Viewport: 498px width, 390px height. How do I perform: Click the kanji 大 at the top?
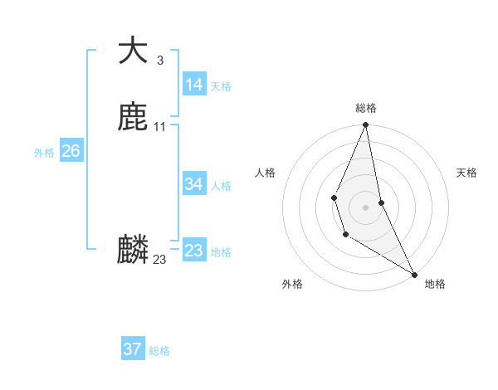(x=133, y=51)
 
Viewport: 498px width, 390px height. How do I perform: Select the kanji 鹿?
(x=133, y=117)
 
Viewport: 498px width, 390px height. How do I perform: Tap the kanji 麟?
(x=133, y=249)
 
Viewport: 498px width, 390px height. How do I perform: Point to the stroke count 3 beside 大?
(x=159, y=60)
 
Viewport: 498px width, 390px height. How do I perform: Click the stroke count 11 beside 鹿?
(x=159, y=126)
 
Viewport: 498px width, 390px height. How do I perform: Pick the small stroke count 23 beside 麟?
(x=159, y=260)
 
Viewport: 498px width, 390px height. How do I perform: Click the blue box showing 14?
(x=193, y=84)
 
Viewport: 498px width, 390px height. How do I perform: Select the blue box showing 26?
(x=71, y=151)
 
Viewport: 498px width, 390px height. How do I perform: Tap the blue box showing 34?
(x=193, y=184)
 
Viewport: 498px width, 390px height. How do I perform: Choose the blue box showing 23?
(x=193, y=251)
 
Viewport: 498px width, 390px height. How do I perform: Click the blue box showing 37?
(x=132, y=349)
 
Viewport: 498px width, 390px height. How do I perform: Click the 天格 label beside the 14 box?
(x=221, y=86)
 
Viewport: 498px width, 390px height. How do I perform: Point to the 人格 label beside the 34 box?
(x=221, y=186)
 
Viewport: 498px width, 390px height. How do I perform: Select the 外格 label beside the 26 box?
(x=44, y=153)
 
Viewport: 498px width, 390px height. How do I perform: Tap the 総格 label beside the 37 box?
(x=159, y=351)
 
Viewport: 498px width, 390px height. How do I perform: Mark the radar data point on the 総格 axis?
(x=365, y=125)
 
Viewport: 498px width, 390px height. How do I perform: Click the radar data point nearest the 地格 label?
(x=414, y=274)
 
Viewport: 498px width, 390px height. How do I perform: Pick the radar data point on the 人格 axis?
(x=334, y=197)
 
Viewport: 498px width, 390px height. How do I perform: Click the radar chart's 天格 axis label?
(x=466, y=173)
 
